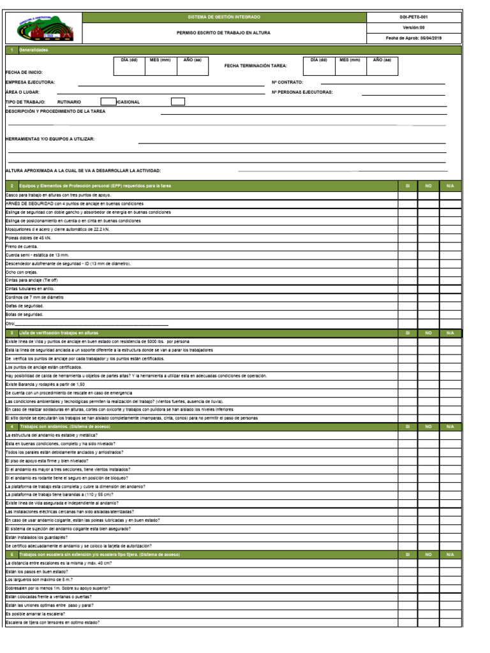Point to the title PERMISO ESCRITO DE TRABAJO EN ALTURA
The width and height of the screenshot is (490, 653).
(223, 33)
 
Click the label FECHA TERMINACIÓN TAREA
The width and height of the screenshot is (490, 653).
(256, 66)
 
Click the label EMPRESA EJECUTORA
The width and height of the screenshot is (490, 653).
(30, 82)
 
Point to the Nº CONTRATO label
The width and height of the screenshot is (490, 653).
(288, 82)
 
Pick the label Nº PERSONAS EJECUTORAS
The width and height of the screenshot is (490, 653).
(302, 92)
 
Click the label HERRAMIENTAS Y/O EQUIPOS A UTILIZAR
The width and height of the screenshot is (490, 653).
(50, 138)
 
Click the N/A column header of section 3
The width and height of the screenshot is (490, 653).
(450, 333)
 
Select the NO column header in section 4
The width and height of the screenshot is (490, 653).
(428, 426)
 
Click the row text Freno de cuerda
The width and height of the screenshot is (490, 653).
(22, 246)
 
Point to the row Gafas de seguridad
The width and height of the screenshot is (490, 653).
(24, 305)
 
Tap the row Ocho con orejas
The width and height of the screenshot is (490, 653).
(22, 272)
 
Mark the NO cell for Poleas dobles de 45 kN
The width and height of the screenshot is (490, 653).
(428, 237)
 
